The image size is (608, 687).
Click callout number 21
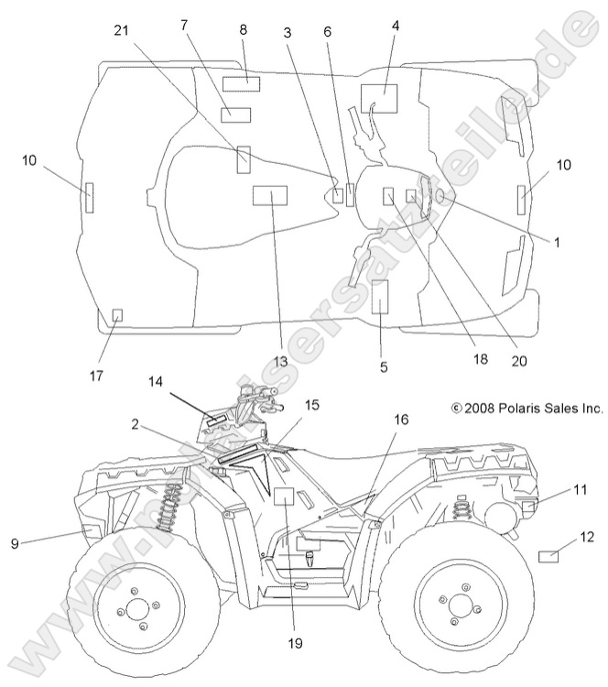click(120, 30)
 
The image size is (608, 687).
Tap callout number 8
click(244, 29)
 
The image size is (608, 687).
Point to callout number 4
click(396, 26)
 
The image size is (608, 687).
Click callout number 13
click(281, 362)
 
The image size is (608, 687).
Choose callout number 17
click(96, 376)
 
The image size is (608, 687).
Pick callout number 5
click(384, 366)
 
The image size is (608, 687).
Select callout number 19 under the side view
click(293, 645)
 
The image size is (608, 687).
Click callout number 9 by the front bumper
click(15, 543)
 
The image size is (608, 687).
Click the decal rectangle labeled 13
click(269, 195)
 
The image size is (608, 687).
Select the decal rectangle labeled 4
click(378, 97)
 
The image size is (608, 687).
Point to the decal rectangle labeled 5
click(380, 298)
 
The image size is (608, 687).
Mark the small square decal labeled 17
click(117, 315)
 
